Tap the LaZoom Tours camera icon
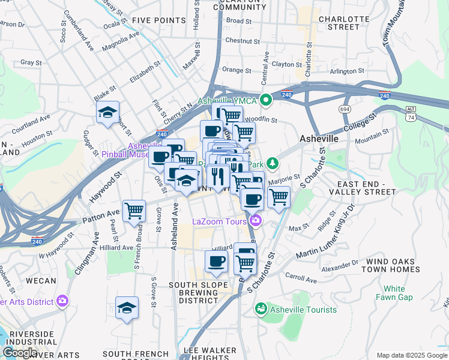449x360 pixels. [256, 221]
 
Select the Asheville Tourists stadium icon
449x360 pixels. [261, 309]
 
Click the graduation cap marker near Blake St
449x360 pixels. [108, 112]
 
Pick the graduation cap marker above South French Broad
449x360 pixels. [127, 308]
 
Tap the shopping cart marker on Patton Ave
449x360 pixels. [134, 211]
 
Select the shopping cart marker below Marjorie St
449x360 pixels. [279, 196]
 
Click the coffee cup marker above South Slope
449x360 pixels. [216, 261]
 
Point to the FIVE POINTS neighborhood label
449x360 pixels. [159, 20]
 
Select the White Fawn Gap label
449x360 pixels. [394, 293]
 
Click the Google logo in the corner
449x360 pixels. [19, 353]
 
